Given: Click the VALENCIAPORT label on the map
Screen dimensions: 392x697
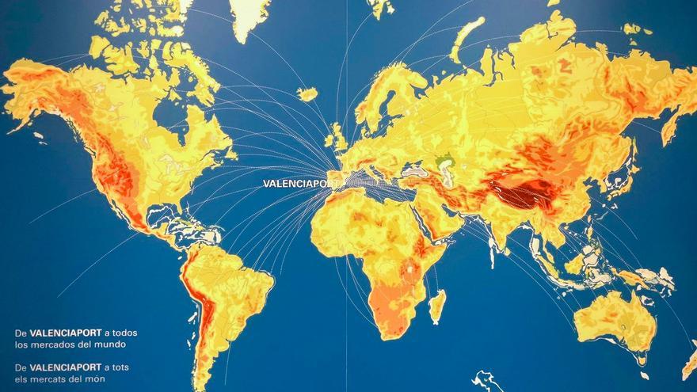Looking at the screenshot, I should pyautogui.click(x=300, y=184).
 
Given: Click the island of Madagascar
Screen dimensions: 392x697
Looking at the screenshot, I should pyautogui.click(x=436, y=306).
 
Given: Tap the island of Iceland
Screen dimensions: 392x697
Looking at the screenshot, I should pyautogui.click(x=307, y=94).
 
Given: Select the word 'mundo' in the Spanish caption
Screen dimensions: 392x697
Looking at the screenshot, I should pyautogui.click(x=110, y=344).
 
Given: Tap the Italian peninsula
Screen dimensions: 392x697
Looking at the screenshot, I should pyautogui.click(x=372, y=174).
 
